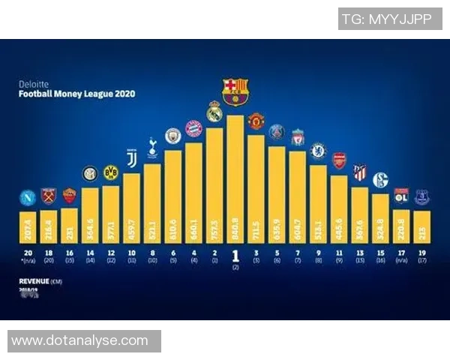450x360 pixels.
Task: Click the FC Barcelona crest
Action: coord(235,90)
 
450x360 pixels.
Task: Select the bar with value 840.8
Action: coord(235,180)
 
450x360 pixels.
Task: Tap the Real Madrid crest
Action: coord(214,112)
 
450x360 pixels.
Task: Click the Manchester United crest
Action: coord(256,121)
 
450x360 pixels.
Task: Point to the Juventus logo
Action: coord(131,159)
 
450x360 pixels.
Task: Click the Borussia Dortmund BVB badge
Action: coord(111,173)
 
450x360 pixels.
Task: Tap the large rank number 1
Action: coord(235,256)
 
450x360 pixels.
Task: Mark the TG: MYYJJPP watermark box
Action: coord(389,19)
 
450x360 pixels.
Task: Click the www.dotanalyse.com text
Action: coord(80,340)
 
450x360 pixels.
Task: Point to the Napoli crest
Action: coord(28,198)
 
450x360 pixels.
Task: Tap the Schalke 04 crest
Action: coord(380,180)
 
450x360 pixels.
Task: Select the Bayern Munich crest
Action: coord(193,129)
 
